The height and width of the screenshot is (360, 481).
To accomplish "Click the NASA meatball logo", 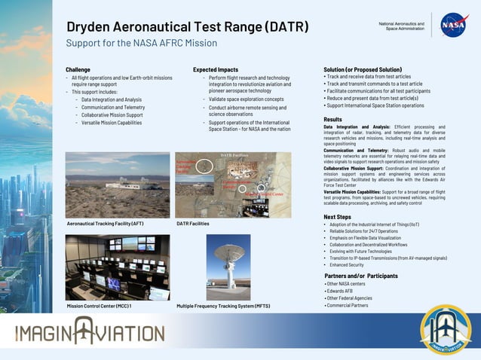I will pos(453,26).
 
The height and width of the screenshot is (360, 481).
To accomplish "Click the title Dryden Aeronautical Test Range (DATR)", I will pos(187,27).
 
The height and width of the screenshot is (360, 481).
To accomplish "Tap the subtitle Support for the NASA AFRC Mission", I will pos(141,44).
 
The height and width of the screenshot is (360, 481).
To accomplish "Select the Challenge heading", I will pos(78,69).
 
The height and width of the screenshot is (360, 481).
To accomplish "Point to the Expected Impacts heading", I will pos(215,69).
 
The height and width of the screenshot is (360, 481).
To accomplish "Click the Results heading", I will pos(332,120).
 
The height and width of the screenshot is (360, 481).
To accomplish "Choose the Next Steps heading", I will pos(336,217).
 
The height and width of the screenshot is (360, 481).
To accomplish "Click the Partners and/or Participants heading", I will pos(360,276).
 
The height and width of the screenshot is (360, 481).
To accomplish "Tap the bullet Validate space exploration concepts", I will pos(246,99).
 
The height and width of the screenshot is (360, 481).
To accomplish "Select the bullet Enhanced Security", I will pos(346,265).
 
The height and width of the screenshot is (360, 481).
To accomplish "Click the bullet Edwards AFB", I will pos(339,291).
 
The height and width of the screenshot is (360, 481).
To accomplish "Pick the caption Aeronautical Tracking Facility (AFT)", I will pos(105,224).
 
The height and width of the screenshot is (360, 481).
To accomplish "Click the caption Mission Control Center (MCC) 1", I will pos(99,307).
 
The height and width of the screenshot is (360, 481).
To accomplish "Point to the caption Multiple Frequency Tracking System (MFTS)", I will pos(223,307).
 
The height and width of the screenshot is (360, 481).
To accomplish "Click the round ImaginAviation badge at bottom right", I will pos(446,329).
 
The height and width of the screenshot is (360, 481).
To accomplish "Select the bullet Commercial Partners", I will pos(347,306).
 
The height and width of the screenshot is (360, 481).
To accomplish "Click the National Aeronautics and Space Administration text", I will pos(401,26).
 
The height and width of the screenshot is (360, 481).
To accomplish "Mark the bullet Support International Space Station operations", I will pos(375,106).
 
